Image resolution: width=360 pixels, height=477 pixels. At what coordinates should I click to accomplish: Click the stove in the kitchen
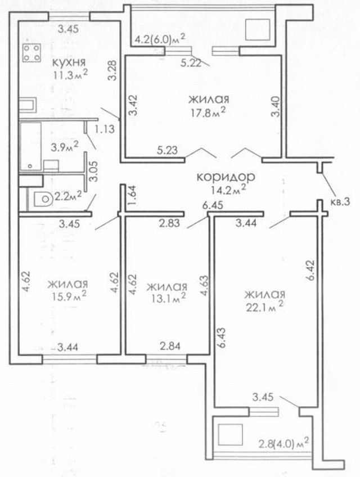[x=32, y=53]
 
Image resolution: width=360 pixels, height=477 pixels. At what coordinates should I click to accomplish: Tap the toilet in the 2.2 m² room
[x=42, y=200]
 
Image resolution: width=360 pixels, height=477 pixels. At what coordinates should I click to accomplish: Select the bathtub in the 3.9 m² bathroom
[x=30, y=146]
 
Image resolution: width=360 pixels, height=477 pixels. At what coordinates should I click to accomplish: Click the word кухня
[x=69, y=62]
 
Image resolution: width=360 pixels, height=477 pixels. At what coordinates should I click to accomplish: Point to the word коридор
[x=226, y=177]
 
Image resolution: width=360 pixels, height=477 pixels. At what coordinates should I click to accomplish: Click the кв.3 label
[x=340, y=202]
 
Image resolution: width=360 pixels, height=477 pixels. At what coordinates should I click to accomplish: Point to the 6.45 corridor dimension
[x=213, y=205]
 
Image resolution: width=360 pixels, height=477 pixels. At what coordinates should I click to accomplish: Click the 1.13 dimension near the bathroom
[x=105, y=129]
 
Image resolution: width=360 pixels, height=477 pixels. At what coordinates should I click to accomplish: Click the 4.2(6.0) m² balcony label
[x=160, y=39]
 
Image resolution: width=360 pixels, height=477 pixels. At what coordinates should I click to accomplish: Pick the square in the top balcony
[x=258, y=29]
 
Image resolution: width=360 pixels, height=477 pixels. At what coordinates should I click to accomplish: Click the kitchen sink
[x=28, y=105]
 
